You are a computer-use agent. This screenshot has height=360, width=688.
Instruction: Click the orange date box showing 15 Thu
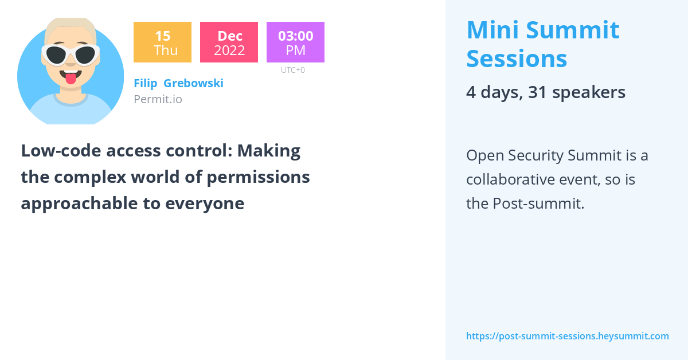coord(162,42)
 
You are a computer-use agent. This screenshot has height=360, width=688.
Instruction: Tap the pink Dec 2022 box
coord(229,42)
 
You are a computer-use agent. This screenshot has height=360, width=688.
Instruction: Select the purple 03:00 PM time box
coord(295,42)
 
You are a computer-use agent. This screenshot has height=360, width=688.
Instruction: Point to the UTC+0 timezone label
coord(293,70)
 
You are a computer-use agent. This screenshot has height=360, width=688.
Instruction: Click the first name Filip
coord(146,83)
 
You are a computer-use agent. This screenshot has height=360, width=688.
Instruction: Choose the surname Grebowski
coord(194,83)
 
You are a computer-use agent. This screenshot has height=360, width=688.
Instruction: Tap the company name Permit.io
coord(158,99)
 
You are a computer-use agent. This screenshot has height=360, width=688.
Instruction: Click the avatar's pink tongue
coord(71,79)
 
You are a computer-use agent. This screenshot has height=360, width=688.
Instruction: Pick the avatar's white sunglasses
coord(71,55)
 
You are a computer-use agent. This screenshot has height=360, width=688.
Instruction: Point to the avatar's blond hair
coord(71,26)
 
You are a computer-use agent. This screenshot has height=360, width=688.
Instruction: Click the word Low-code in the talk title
coord(61,151)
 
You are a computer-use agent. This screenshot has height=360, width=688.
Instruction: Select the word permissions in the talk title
coord(258,178)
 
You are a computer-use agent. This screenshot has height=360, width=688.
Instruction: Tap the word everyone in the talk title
coord(205,204)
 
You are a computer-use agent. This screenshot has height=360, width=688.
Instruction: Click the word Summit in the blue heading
coord(573,30)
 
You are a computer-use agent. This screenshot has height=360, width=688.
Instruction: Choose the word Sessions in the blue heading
coord(517,58)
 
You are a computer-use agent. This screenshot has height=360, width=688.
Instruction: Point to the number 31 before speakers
coord(537,92)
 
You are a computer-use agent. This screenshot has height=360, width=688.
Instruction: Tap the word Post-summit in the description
coord(538,204)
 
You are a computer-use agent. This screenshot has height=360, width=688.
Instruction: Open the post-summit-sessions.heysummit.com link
coord(568,336)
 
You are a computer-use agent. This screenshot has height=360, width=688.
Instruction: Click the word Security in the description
coord(535,156)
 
